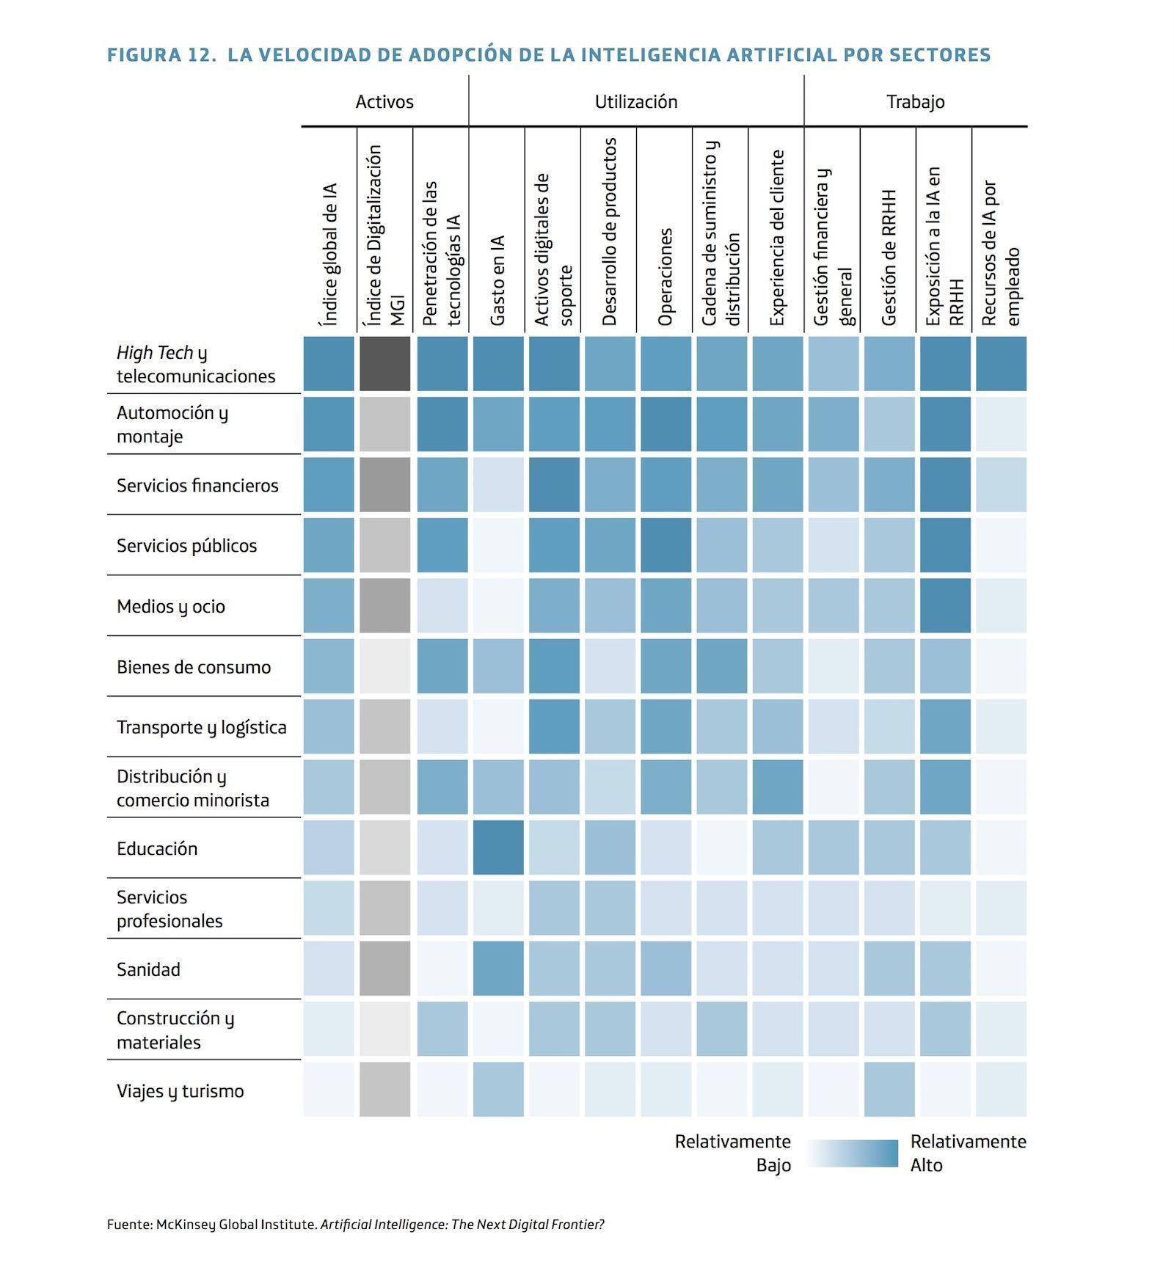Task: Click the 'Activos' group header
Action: (x=384, y=101)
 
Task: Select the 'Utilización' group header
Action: (x=636, y=101)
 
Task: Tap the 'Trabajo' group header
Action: (x=915, y=102)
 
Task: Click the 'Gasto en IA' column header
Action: (x=497, y=280)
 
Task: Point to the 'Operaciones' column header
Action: (x=665, y=277)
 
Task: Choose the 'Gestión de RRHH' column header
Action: (x=889, y=257)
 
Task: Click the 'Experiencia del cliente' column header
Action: (x=777, y=238)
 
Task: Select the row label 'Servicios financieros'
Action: (x=197, y=485)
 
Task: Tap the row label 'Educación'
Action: (x=157, y=848)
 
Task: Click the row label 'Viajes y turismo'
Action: (x=180, y=1091)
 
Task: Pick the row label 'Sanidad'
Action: (x=148, y=969)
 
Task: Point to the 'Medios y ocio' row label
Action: (x=170, y=606)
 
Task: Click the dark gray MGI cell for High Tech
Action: (x=385, y=363)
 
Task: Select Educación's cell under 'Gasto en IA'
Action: (x=498, y=847)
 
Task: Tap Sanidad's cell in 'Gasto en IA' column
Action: (x=498, y=969)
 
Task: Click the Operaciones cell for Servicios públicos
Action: (x=666, y=545)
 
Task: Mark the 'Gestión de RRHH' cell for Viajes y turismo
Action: (x=889, y=1090)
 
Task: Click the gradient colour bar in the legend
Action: (x=851, y=1153)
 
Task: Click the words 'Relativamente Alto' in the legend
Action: (x=969, y=1153)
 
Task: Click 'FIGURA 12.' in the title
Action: (x=161, y=55)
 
